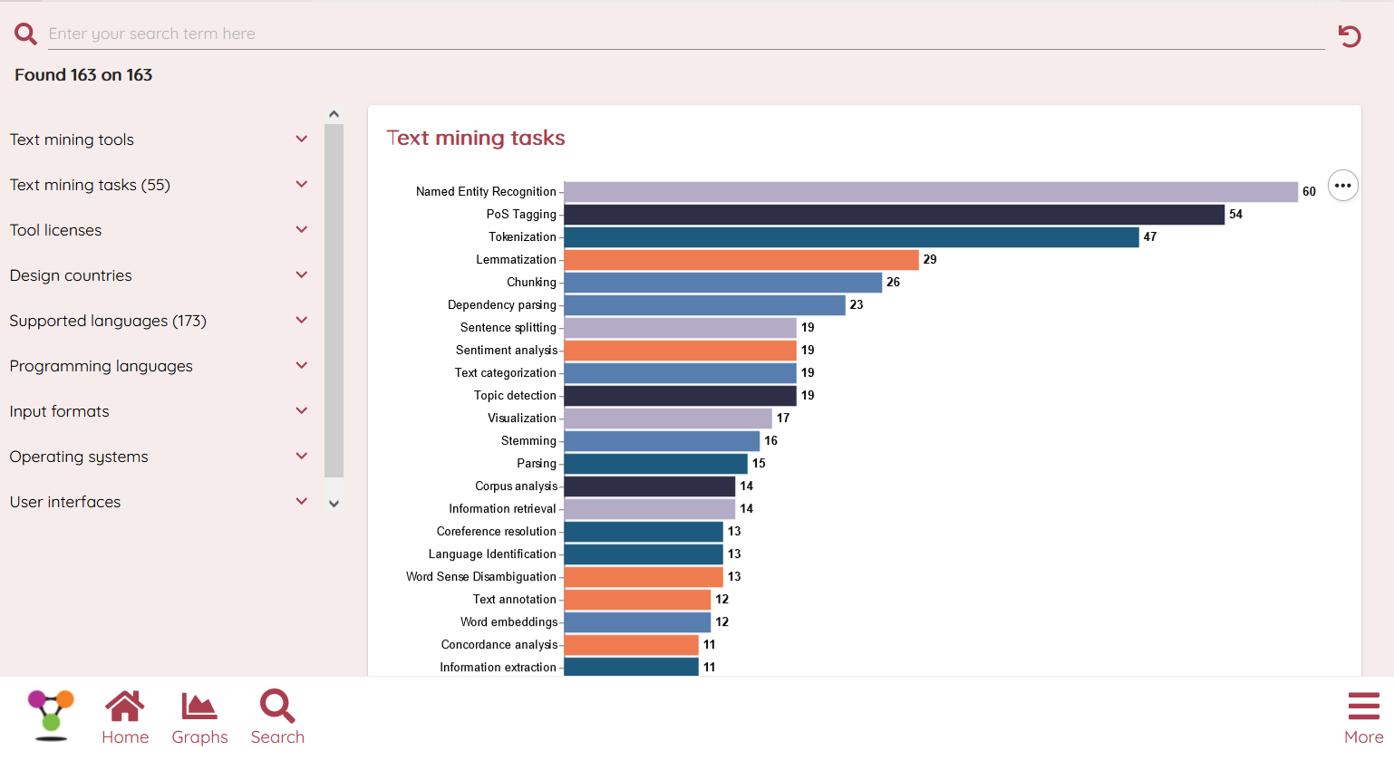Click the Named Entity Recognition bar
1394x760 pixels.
pos(930,192)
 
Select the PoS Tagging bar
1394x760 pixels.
pos(894,215)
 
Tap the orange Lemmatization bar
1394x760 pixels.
pos(741,260)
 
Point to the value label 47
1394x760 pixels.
pos(1150,237)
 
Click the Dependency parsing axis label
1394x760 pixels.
pos(501,305)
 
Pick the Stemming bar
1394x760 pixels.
pos(662,441)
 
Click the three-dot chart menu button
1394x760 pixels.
pos(1342,186)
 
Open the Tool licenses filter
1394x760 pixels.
pos(56,230)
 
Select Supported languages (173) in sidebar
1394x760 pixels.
pos(108,321)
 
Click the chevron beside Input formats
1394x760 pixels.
pos(302,410)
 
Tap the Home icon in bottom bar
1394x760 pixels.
pos(124,707)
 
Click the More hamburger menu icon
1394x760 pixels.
pos(1363,707)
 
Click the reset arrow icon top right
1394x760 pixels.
pos(1350,36)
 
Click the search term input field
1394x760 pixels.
pos(680,34)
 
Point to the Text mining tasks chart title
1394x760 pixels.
pos(476,138)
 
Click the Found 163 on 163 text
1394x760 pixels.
pos(83,75)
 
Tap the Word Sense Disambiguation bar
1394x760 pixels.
pos(644,577)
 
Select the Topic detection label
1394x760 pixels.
pos(515,396)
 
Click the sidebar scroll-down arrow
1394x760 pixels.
pos(334,504)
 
